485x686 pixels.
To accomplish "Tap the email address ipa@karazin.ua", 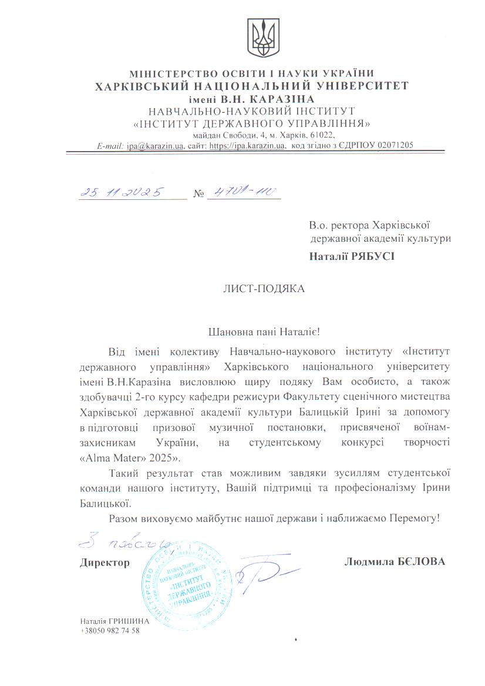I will point(155,145).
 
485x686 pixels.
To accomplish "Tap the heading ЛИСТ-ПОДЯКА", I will point(264,289).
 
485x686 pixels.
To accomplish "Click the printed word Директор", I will point(105,563).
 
